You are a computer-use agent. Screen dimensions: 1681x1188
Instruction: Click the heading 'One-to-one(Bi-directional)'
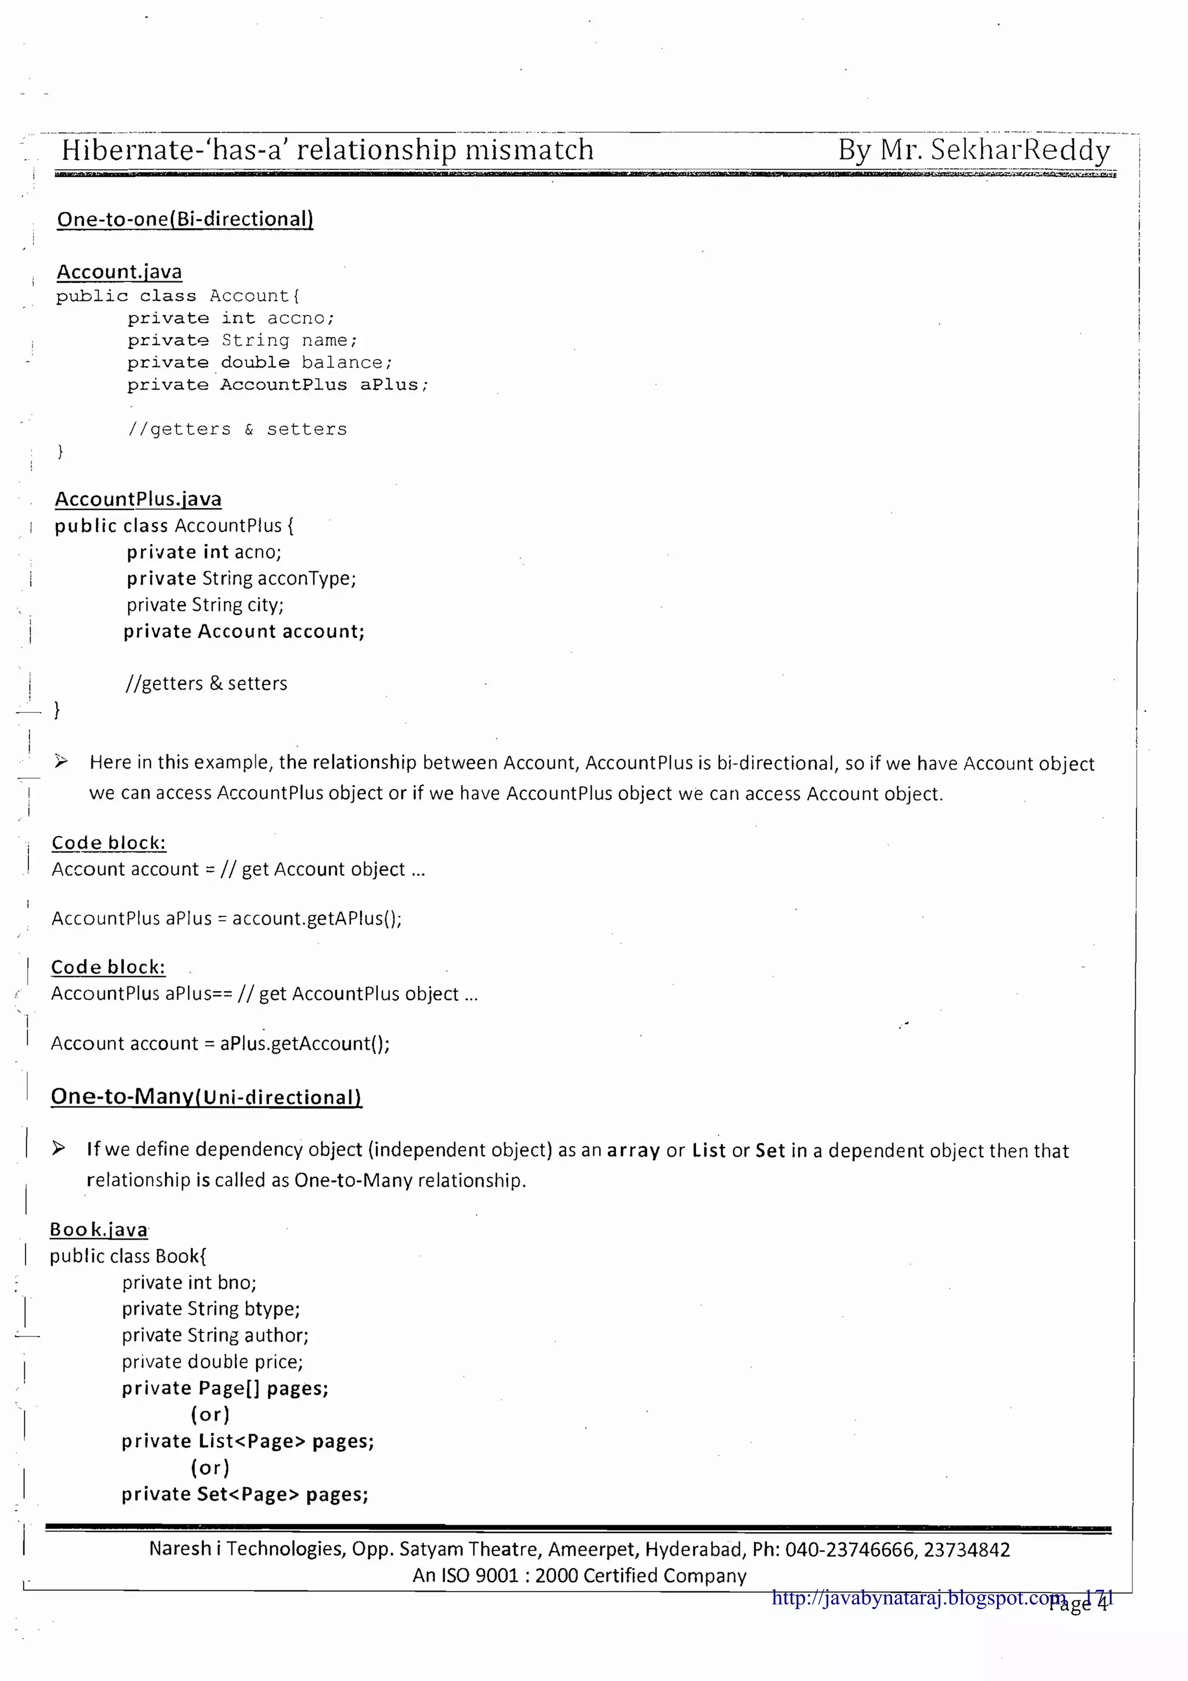185,219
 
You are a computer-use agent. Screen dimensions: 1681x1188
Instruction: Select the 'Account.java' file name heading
119,271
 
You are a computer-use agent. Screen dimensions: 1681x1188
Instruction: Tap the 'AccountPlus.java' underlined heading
138,499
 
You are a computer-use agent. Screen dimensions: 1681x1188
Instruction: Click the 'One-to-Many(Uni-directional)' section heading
207,1096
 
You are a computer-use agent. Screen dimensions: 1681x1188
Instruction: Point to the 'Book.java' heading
99,1229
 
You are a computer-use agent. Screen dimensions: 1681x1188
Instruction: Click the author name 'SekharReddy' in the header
1020,150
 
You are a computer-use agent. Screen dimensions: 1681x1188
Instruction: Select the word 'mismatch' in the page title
529,150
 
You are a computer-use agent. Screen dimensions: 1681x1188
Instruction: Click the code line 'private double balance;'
260,363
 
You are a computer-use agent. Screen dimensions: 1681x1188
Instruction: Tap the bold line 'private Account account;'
244,631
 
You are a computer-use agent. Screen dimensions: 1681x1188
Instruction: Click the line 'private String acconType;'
241,578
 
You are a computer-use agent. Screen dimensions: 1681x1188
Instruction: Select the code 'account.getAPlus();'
317,918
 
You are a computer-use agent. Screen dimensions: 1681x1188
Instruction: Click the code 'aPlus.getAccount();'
305,1044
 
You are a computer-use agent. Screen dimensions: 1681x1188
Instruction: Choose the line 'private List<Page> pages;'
248,1441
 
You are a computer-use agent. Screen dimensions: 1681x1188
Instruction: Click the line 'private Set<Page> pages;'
244,1494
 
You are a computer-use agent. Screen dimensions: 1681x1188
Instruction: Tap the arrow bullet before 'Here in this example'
61,762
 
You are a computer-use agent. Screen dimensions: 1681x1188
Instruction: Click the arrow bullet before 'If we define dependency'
59,1148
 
